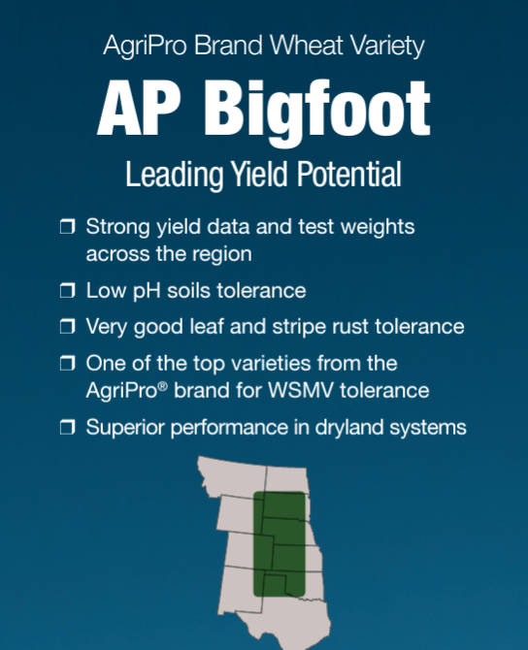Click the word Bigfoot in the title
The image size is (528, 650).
pyautogui.click(x=317, y=112)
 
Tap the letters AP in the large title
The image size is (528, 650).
pyautogui.click(x=139, y=108)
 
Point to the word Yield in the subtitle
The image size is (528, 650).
pyautogui.click(x=259, y=174)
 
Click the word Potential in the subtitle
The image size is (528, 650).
pyautogui.click(x=349, y=174)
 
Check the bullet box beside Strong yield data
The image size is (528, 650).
pyautogui.click(x=68, y=227)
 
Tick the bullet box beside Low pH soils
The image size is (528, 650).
pyautogui.click(x=68, y=290)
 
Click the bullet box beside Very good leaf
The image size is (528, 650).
pyautogui.click(x=68, y=327)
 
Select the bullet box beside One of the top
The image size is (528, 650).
pyautogui.click(x=68, y=363)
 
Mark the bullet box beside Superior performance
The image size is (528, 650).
pyautogui.click(x=68, y=427)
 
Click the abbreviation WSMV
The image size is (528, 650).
pyautogui.click(x=301, y=390)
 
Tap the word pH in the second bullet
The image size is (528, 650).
pyautogui.click(x=147, y=291)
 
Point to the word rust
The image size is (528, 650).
pyautogui.click(x=350, y=327)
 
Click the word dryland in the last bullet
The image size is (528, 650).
pyautogui.click(x=348, y=428)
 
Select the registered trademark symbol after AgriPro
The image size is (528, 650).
pyautogui.click(x=163, y=386)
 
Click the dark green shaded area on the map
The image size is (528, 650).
pyautogui.click(x=280, y=544)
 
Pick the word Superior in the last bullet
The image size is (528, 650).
pyautogui.click(x=125, y=428)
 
